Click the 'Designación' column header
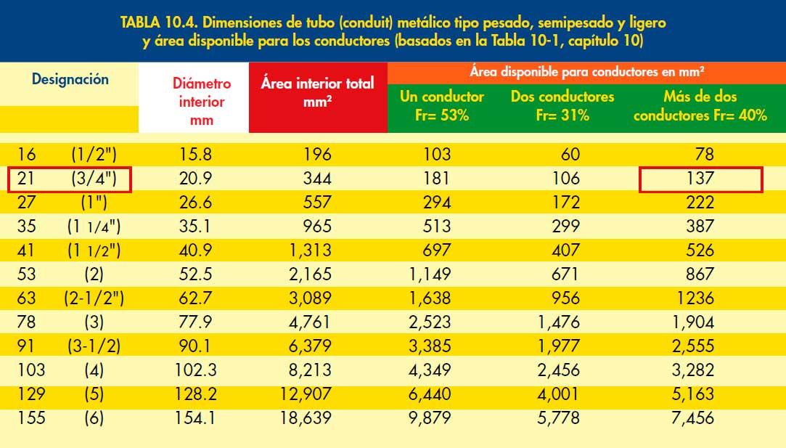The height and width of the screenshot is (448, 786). coord(70,80)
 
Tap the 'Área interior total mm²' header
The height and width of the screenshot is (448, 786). coord(317,92)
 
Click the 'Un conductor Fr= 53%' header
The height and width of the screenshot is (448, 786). coord(442,105)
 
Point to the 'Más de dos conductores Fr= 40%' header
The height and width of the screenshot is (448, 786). coord(700,105)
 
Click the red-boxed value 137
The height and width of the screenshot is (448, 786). coord(700,178)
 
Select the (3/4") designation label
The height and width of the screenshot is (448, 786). coord(96,178)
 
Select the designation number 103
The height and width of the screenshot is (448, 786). coord(30,370)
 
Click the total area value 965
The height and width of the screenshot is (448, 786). coord(316,226)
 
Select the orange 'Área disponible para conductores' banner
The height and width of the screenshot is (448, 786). coord(587,71)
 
